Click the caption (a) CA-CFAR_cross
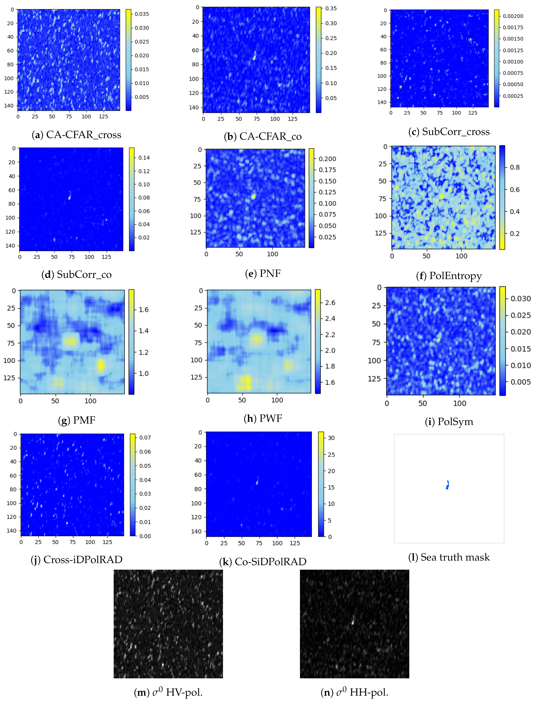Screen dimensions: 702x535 [x=76, y=135]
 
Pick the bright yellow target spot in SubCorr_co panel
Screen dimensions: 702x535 [x=69, y=198]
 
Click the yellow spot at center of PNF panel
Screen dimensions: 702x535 [x=253, y=197]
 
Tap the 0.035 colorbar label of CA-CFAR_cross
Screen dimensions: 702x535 [x=142, y=14]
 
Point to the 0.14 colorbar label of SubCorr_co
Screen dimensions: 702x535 [x=144, y=158]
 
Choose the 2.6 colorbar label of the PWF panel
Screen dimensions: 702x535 [x=330, y=302]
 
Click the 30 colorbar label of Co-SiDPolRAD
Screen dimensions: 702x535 [x=331, y=438]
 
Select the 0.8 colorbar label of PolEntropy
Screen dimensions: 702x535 [x=515, y=167]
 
